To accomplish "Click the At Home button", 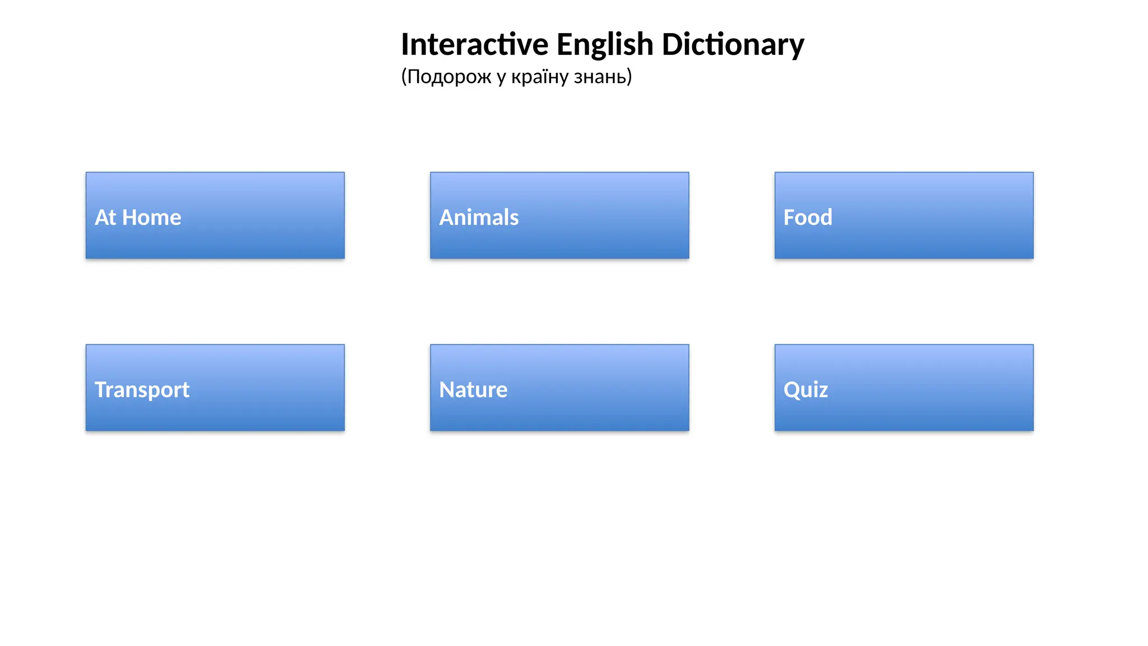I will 215,215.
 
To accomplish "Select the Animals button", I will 559,215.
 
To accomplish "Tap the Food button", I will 904,215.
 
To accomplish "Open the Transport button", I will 215,387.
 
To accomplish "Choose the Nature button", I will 559,387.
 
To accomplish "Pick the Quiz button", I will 904,387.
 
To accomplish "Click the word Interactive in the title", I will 475,44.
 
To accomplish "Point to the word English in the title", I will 605,44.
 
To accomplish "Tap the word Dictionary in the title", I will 733,44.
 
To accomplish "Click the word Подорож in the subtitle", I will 449,76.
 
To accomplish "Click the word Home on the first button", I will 151,218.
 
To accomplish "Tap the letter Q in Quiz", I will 791,390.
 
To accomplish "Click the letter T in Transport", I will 101,389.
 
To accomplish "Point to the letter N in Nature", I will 447,390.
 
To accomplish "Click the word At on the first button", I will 105,218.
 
